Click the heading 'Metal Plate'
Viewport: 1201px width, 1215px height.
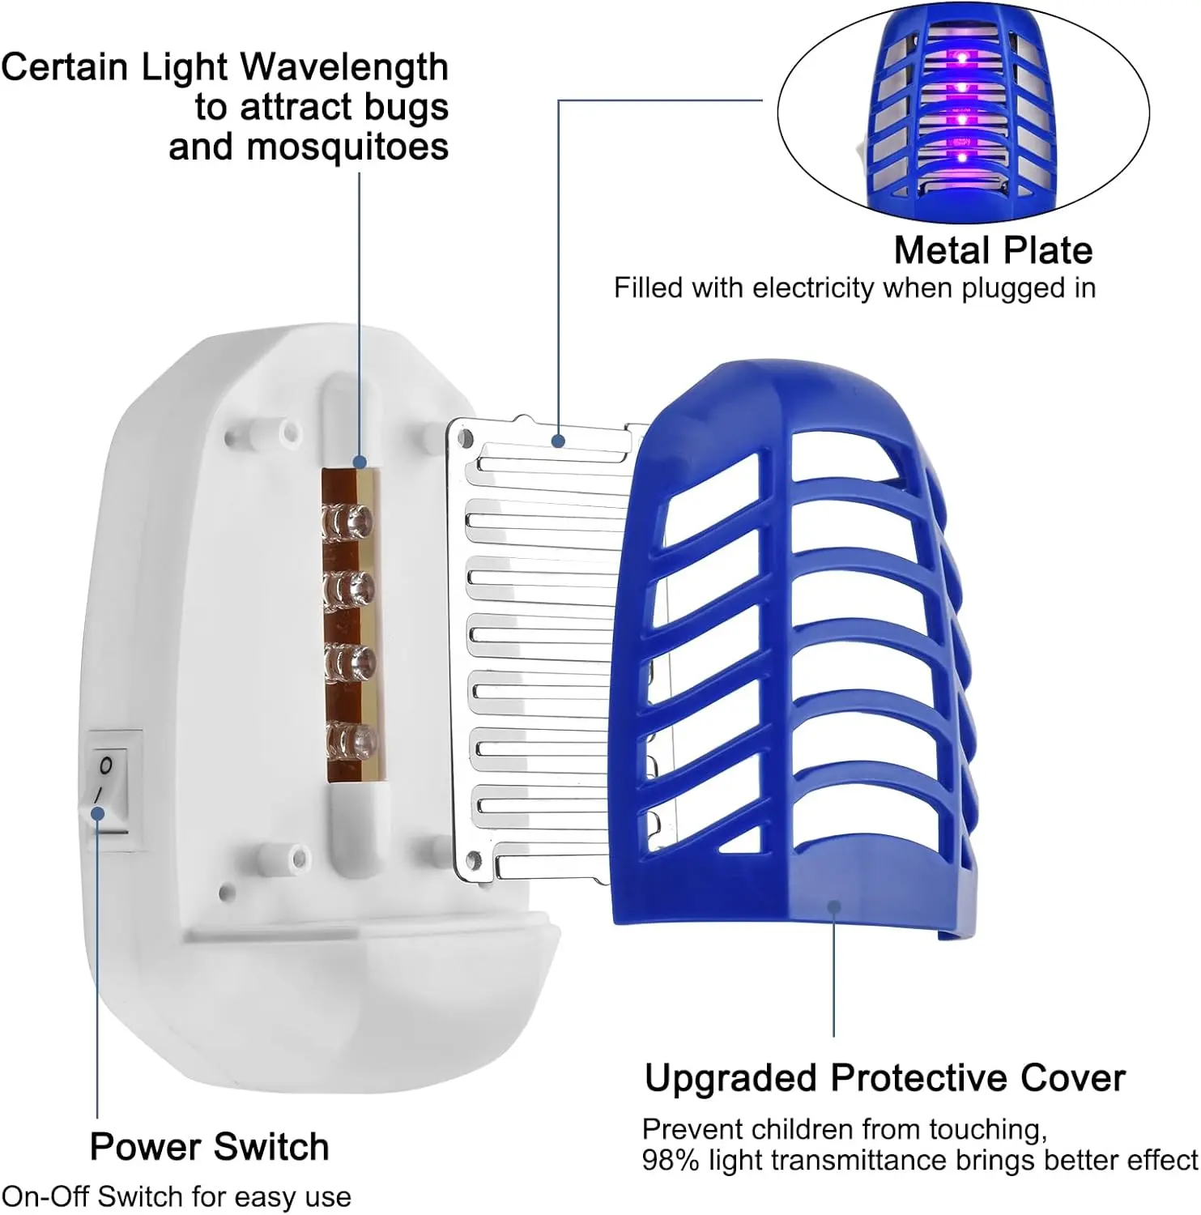pos(993,250)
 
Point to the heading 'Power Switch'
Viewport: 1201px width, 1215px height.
pos(209,1147)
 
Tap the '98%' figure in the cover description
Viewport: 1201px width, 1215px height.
pos(671,1161)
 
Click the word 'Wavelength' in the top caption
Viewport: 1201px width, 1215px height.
pos(344,67)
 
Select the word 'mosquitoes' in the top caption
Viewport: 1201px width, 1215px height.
pos(347,147)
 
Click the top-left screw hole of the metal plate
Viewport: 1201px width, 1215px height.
pos(465,438)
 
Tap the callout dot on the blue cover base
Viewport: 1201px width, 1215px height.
pos(834,907)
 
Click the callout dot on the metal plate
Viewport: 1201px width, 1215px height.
pos(558,441)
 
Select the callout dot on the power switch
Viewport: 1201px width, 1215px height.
pos(97,812)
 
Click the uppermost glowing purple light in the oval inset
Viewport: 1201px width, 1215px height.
pos(960,58)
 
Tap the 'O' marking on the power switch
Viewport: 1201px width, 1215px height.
pos(105,765)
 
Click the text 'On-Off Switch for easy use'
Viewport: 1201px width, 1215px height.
pos(177,1197)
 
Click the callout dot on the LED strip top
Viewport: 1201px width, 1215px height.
pos(359,463)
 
